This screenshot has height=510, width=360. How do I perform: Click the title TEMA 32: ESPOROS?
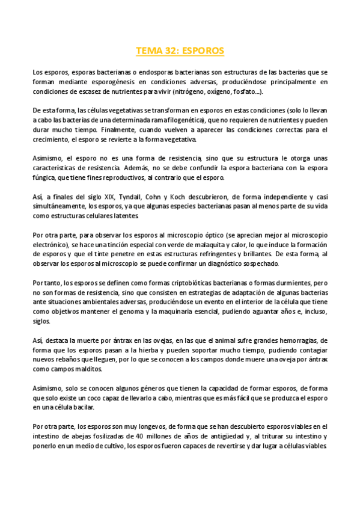(180, 51)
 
